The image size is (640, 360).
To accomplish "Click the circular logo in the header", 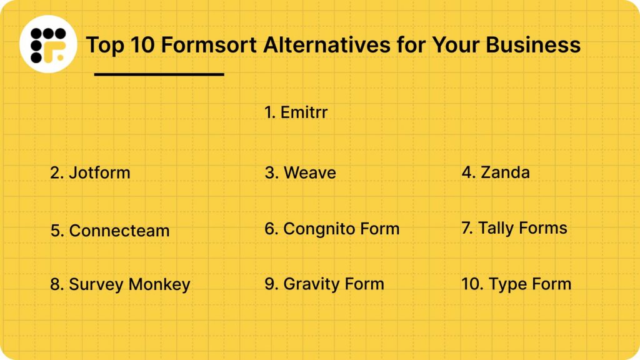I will point(48,44).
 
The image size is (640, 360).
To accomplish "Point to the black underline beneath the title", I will point(159,74).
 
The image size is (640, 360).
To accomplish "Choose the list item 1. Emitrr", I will point(296,112).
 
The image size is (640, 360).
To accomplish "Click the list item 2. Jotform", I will point(90,172).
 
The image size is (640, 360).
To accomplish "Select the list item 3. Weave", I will point(300,172).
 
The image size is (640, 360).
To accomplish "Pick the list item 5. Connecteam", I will point(110,230).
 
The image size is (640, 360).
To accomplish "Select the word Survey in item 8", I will point(96,285).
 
